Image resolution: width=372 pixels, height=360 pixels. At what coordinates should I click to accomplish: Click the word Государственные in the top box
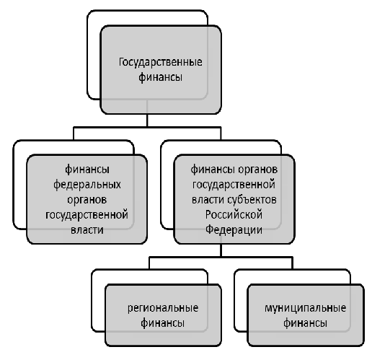(x=160, y=63)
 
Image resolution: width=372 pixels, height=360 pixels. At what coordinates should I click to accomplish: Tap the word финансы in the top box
(x=160, y=77)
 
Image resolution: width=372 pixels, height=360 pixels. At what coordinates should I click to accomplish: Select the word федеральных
(x=87, y=185)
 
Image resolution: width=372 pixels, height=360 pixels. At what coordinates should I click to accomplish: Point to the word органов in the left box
(x=87, y=200)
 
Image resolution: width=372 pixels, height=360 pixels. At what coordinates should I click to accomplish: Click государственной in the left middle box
(x=87, y=215)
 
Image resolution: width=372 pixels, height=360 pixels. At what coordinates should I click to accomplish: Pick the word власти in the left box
(x=87, y=230)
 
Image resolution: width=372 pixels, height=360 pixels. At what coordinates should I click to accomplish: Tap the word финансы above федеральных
(x=87, y=170)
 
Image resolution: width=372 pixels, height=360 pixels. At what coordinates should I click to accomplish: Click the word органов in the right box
(x=257, y=170)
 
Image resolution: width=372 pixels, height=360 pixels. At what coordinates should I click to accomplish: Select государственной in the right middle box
(x=234, y=185)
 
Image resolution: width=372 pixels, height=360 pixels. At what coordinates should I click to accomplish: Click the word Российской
(x=234, y=215)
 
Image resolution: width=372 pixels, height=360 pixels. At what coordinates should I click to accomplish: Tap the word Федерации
(x=234, y=229)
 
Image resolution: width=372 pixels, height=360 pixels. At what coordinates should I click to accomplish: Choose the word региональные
(x=163, y=308)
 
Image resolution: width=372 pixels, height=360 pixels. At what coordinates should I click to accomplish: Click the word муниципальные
(x=305, y=308)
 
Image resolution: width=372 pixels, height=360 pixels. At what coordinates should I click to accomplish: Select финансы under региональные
(x=163, y=323)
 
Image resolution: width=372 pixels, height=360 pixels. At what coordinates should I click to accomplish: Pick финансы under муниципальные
(x=305, y=323)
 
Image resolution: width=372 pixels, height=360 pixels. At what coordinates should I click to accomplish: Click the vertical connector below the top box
(x=147, y=120)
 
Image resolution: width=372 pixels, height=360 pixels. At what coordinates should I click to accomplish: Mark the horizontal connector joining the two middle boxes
(x=147, y=127)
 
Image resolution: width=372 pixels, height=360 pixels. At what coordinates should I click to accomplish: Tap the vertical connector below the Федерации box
(x=221, y=250)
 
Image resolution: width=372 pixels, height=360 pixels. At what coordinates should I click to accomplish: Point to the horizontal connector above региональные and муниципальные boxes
(x=221, y=258)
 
